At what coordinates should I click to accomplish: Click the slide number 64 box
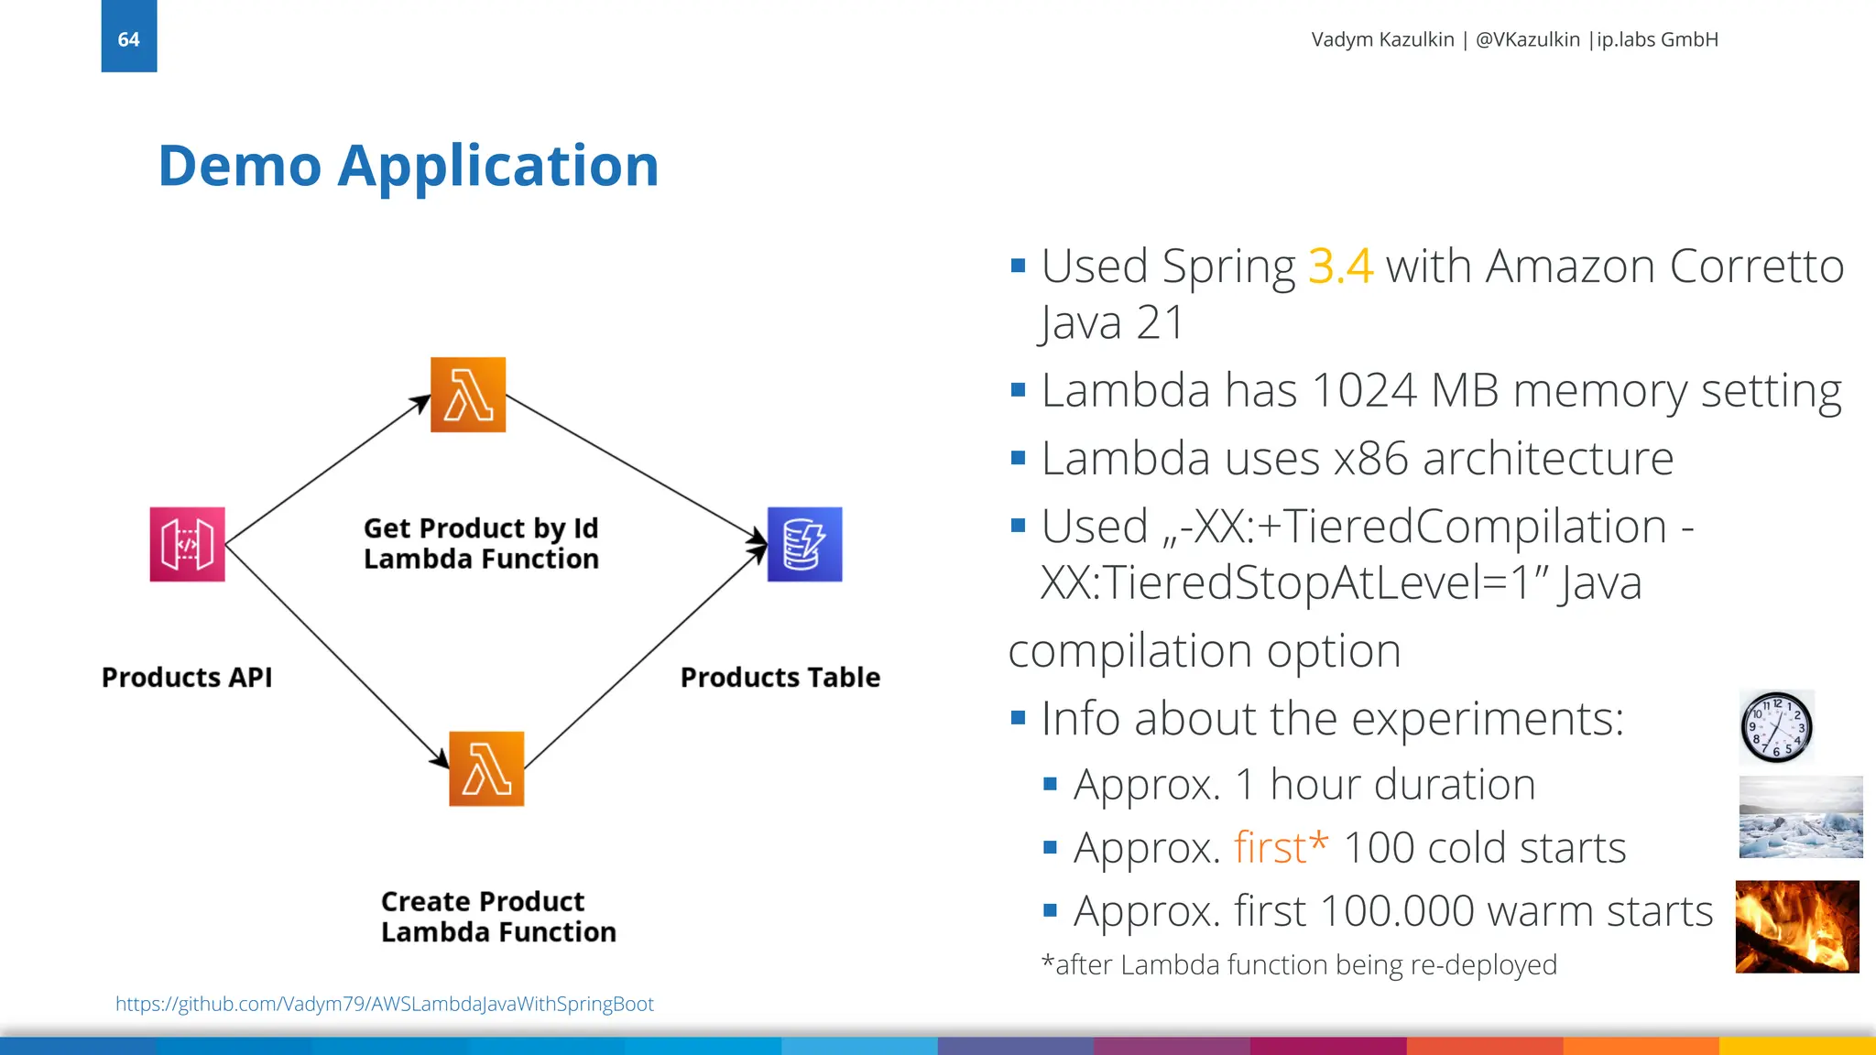pos(128,37)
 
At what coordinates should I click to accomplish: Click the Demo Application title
pos(409,166)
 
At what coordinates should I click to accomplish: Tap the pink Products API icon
pos(187,544)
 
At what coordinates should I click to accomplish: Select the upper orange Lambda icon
pos(468,395)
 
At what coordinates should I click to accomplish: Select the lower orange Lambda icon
pos(486,768)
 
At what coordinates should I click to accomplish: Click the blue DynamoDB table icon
pos(804,544)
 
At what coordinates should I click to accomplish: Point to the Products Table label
pos(780,677)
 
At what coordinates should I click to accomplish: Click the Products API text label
pos(187,677)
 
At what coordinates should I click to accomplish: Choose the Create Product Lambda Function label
pos(498,917)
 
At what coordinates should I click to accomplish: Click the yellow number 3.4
pos(1340,266)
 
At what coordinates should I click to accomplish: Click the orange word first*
pos(1280,847)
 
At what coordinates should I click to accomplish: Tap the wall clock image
pos(1776,727)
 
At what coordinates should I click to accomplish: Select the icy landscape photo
pos(1800,817)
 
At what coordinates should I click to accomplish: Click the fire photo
pos(1796,926)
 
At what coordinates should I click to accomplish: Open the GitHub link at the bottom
pos(384,1004)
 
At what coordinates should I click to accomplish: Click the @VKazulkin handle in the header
pos(1527,39)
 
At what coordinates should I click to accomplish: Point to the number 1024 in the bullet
pos(1364,390)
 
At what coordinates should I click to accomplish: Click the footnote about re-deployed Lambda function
pos(1298,964)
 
